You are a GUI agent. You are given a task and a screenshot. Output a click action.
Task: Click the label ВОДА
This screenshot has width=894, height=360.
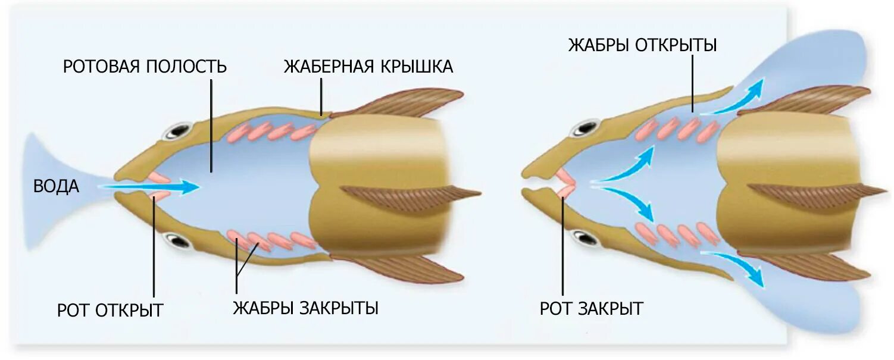tap(56, 186)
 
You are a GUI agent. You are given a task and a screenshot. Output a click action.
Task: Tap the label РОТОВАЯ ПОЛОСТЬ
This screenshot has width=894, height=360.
tap(145, 66)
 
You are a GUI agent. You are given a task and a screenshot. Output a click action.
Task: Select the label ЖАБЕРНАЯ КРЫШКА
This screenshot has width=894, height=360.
tap(368, 66)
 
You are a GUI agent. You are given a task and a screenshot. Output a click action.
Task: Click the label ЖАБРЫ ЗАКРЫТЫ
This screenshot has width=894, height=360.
tap(305, 308)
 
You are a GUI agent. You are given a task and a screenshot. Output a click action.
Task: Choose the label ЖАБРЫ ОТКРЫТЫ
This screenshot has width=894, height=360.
tap(642, 45)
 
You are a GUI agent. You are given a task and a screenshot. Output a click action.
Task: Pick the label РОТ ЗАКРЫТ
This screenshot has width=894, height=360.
tap(591, 309)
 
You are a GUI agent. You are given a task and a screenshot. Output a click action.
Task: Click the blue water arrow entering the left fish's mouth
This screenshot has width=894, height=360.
tap(149, 187)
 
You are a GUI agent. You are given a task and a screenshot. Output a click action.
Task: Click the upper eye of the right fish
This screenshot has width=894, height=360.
tap(585, 127)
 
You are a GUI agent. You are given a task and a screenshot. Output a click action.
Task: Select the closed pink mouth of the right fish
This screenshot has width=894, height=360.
tap(564, 183)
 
